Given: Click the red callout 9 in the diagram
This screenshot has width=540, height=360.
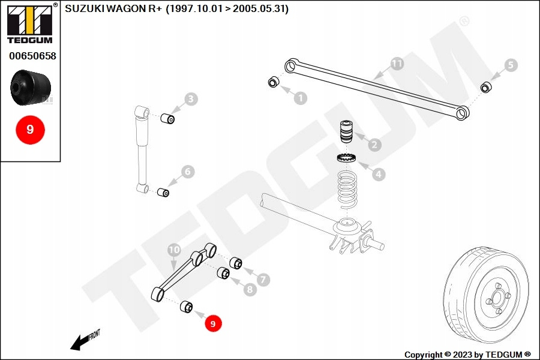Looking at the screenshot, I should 212,323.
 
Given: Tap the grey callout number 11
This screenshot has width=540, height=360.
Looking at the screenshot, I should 397,63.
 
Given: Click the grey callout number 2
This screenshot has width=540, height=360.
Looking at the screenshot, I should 374,145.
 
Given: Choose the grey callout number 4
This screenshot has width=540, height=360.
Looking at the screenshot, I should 379,175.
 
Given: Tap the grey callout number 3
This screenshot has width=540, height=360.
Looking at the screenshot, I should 191,99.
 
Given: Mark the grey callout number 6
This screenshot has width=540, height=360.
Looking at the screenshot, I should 188,172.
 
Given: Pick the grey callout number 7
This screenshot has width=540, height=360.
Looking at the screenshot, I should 263,279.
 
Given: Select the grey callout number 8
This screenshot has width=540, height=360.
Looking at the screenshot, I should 250,290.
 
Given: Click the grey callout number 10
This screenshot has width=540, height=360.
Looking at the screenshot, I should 173,250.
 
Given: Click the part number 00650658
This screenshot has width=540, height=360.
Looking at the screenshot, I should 32,56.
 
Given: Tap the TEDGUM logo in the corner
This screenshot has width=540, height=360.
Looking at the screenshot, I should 29,23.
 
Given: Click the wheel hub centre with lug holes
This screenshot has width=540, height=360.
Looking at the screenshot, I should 497,296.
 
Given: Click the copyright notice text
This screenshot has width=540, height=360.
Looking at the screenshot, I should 467,354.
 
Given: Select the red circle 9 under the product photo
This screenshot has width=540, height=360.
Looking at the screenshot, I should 30,129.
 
